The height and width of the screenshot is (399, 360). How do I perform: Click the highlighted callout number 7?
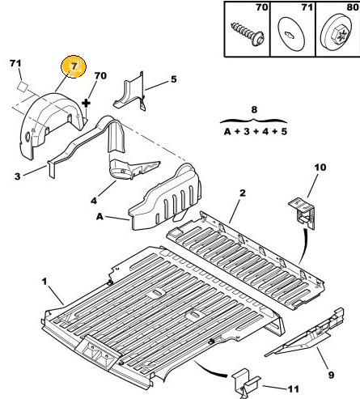pos(74,66)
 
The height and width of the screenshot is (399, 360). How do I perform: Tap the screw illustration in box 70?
pos(248,34)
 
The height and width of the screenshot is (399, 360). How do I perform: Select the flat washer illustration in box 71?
pos(291,34)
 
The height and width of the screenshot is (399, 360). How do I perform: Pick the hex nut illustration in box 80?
pos(338,34)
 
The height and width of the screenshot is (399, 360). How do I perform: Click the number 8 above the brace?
pos(254,110)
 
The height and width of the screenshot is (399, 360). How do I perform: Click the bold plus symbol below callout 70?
pos(86,104)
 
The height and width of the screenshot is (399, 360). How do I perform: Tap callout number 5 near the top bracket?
pos(174,79)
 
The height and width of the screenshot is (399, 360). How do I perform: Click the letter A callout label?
pos(100,216)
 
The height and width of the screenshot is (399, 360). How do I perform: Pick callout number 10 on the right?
pos(320,168)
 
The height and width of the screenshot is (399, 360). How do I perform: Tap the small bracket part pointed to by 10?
pos(303,213)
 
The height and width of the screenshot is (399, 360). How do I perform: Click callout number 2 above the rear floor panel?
pos(243,193)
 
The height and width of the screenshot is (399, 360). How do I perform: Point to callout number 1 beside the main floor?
pos(44,282)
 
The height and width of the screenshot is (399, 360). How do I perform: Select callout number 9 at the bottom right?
pos(331,375)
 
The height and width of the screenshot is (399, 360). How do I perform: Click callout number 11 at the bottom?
pos(294,389)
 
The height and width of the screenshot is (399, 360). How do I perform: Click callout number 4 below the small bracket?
pos(94,201)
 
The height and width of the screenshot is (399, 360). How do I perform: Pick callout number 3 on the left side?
pos(17,176)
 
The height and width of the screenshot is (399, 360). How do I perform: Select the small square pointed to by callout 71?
pos(23,86)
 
